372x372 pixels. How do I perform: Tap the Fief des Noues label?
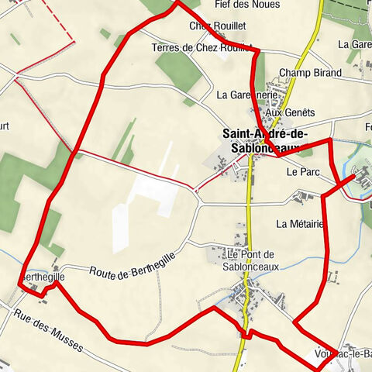pyautogui.click(x=241, y=4)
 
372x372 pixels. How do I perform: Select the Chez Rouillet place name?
pyautogui.click(x=212, y=26)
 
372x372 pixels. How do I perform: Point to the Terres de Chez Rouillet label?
pyautogui.click(x=202, y=48)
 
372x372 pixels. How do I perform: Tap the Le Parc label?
pyautogui.click(x=303, y=171)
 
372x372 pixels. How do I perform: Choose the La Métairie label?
pyautogui.click(x=299, y=224)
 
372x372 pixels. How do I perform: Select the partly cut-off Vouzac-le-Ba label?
pyautogui.click(x=344, y=354)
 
